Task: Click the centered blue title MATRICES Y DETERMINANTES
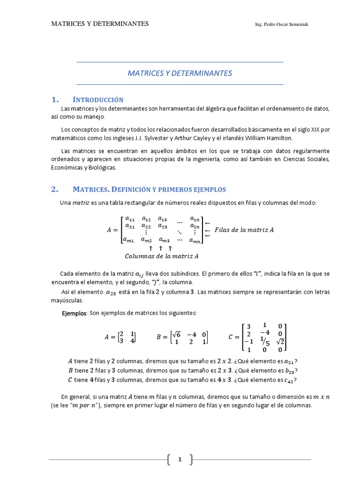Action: click(x=180, y=74)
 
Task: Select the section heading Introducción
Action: click(x=98, y=100)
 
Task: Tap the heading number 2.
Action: click(x=54, y=189)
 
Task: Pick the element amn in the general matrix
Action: click(x=195, y=240)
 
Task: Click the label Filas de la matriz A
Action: click(x=244, y=230)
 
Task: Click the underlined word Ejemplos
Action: click(x=74, y=313)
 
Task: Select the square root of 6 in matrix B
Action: click(x=177, y=334)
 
